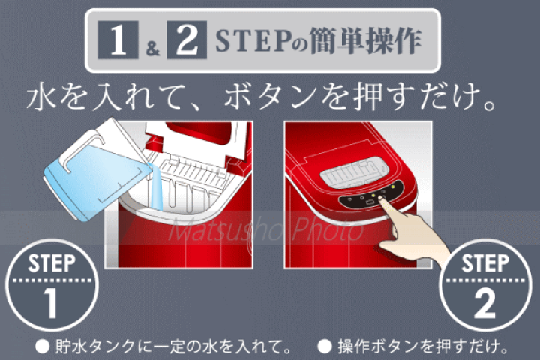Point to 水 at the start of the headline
(43, 97)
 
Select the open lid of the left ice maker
(199, 139)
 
